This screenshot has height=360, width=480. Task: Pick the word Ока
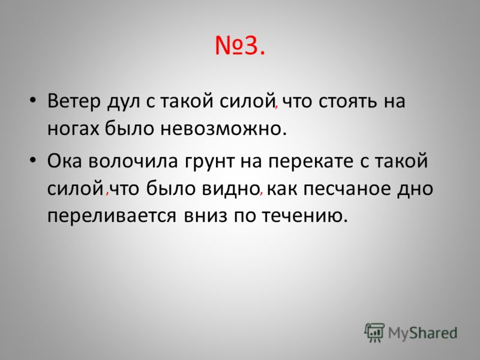point(65,161)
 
